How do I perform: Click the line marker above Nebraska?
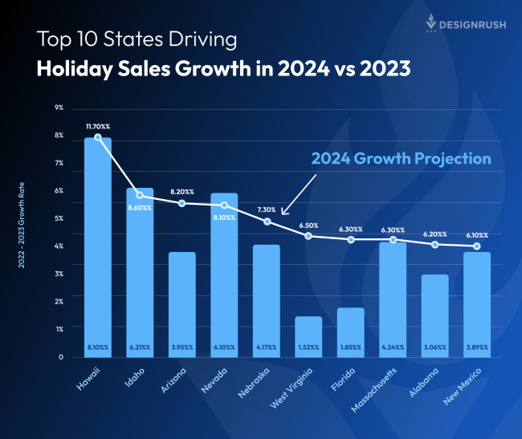tap(267, 222)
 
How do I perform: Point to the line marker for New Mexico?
tap(476, 246)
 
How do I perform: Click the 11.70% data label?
tap(98, 127)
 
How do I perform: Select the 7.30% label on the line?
tap(267, 209)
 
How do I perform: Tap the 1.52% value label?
tap(308, 348)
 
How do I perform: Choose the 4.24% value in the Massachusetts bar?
tap(393, 348)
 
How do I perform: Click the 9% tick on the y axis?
tap(59, 108)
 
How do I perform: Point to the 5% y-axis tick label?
tap(59, 218)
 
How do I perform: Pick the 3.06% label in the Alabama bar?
tap(434, 348)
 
